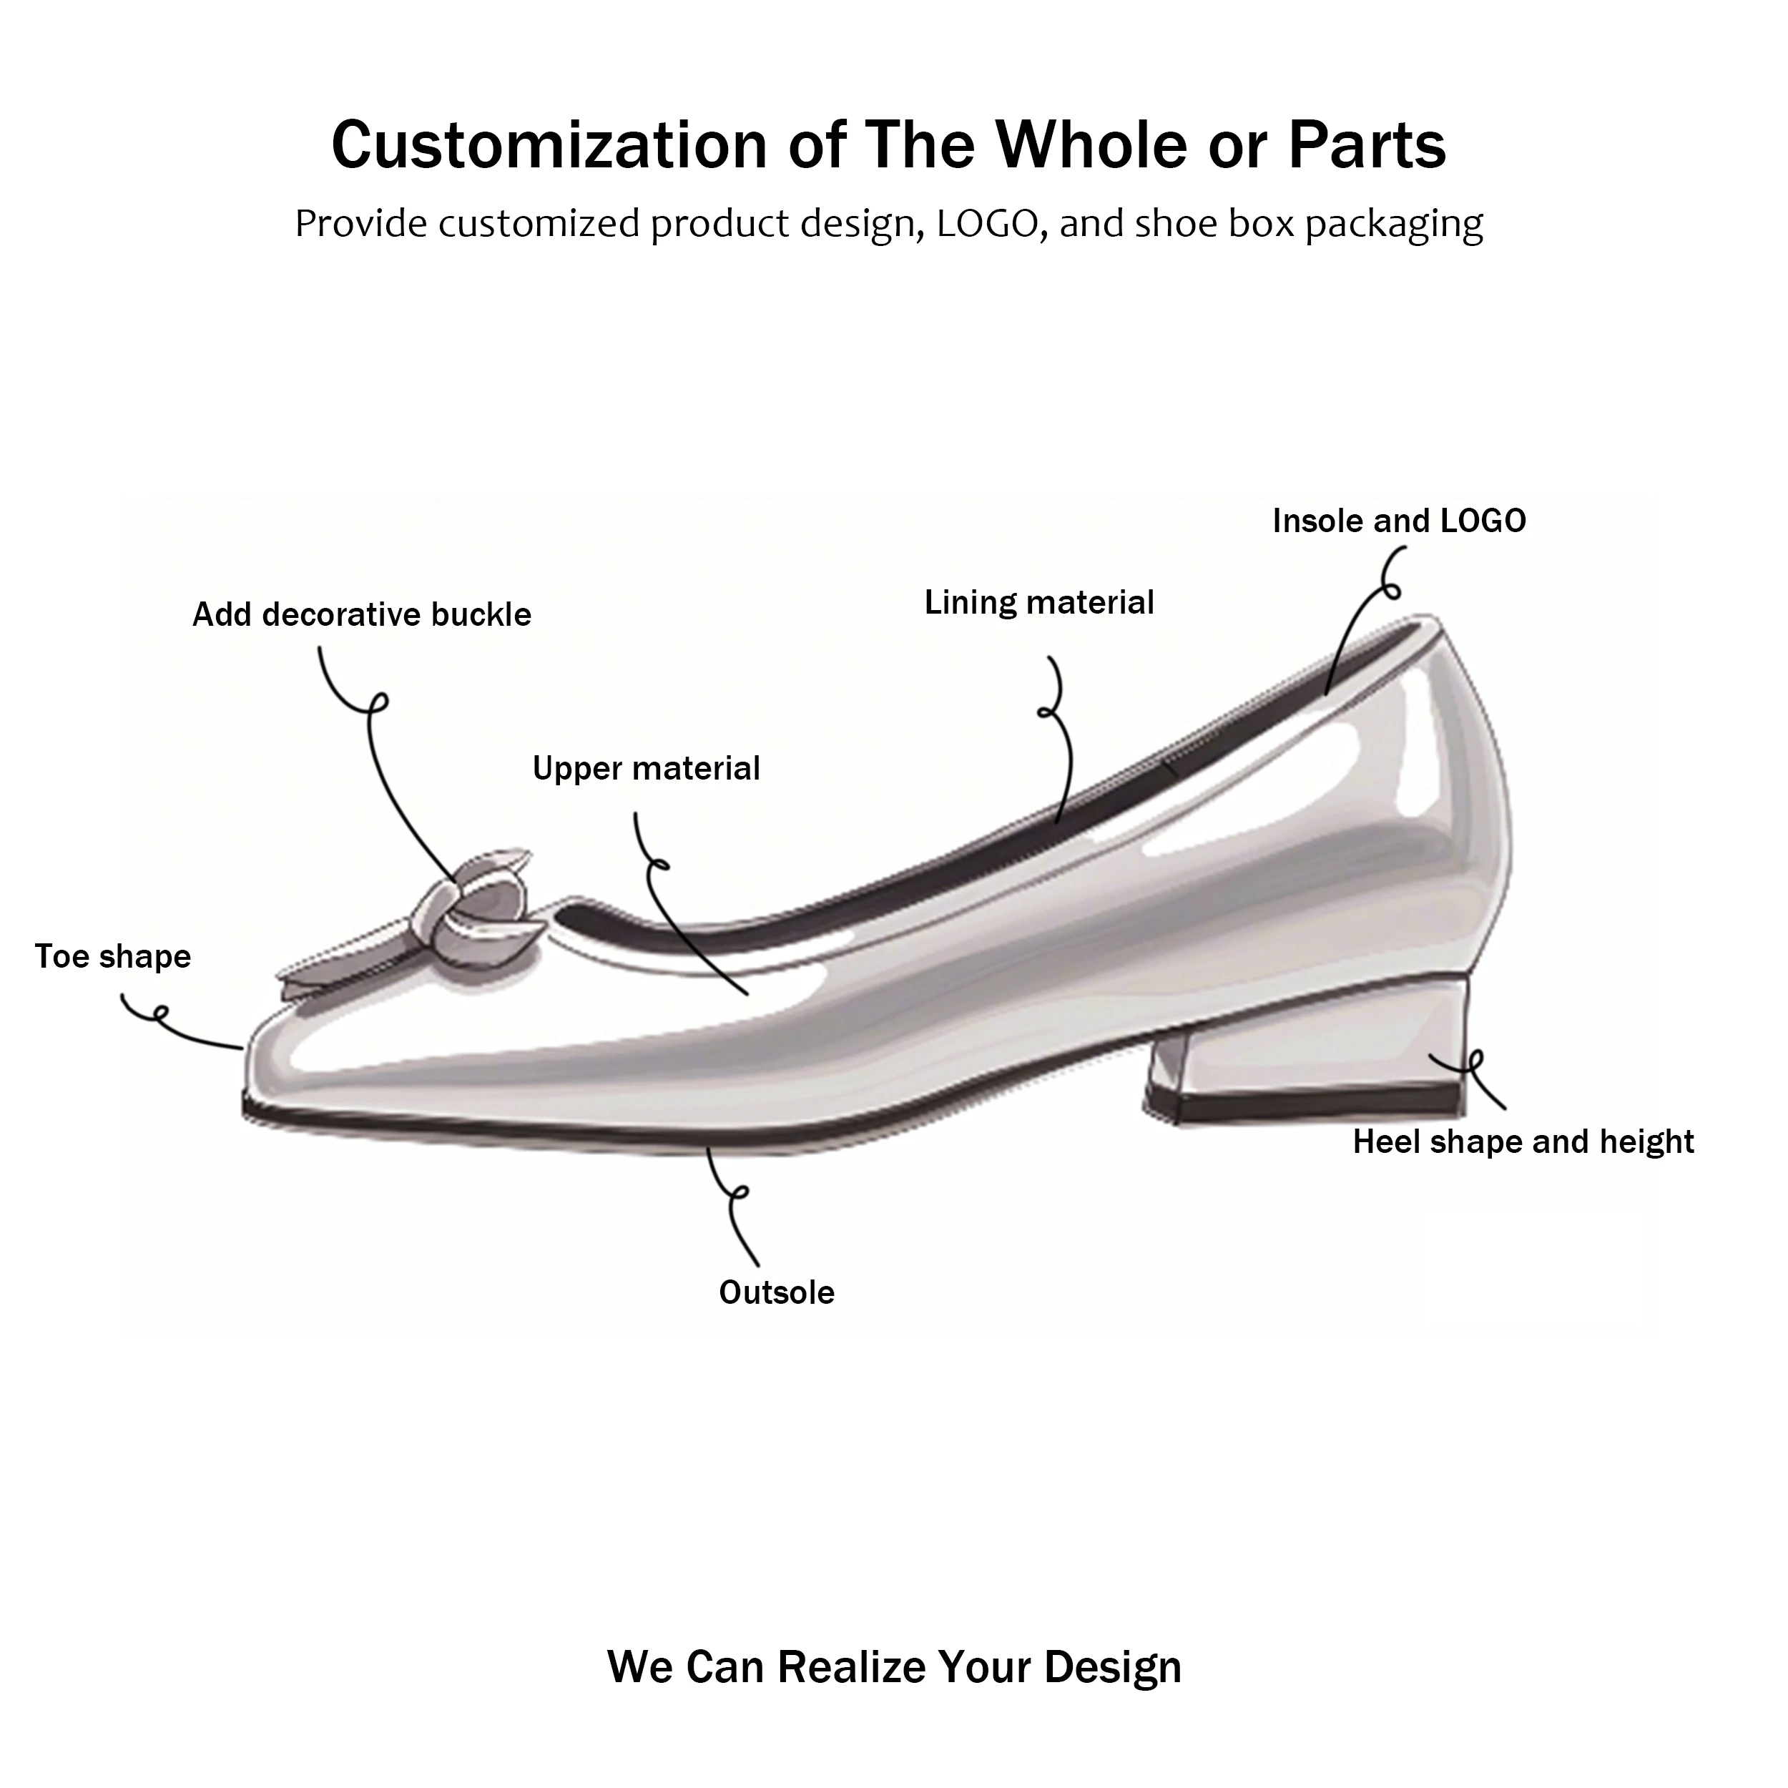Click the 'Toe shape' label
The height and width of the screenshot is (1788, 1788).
(x=113, y=956)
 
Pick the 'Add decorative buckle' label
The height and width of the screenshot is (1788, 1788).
(x=362, y=614)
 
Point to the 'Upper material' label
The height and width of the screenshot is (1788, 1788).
(x=646, y=768)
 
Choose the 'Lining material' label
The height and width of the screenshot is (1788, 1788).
(x=1039, y=602)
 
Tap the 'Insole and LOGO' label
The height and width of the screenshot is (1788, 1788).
(x=1398, y=521)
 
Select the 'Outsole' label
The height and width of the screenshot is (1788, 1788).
(x=777, y=1293)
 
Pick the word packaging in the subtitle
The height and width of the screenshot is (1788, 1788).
(x=1394, y=224)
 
